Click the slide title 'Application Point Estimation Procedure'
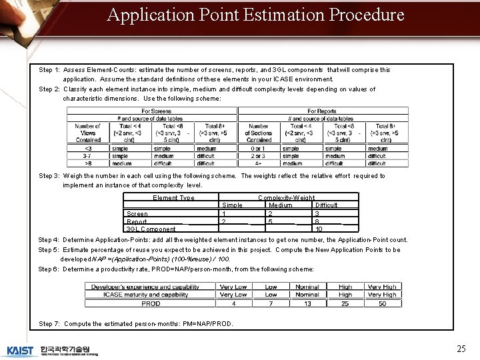coord(255,15)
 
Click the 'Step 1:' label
coord(50,70)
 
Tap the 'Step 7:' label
coord(49,324)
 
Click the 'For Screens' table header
coord(157,111)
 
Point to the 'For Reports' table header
coord(322,111)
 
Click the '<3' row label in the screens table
coord(89,149)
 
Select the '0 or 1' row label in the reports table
coord(258,149)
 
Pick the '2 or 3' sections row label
coord(258,156)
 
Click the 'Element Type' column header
coord(173,198)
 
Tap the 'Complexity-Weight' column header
coord(287,198)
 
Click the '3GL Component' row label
coord(151,229)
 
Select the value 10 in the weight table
coord(319,229)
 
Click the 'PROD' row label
coord(151,303)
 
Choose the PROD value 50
coord(382,303)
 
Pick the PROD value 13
coord(307,303)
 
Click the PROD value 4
coord(233,303)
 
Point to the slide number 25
coord(461,349)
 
